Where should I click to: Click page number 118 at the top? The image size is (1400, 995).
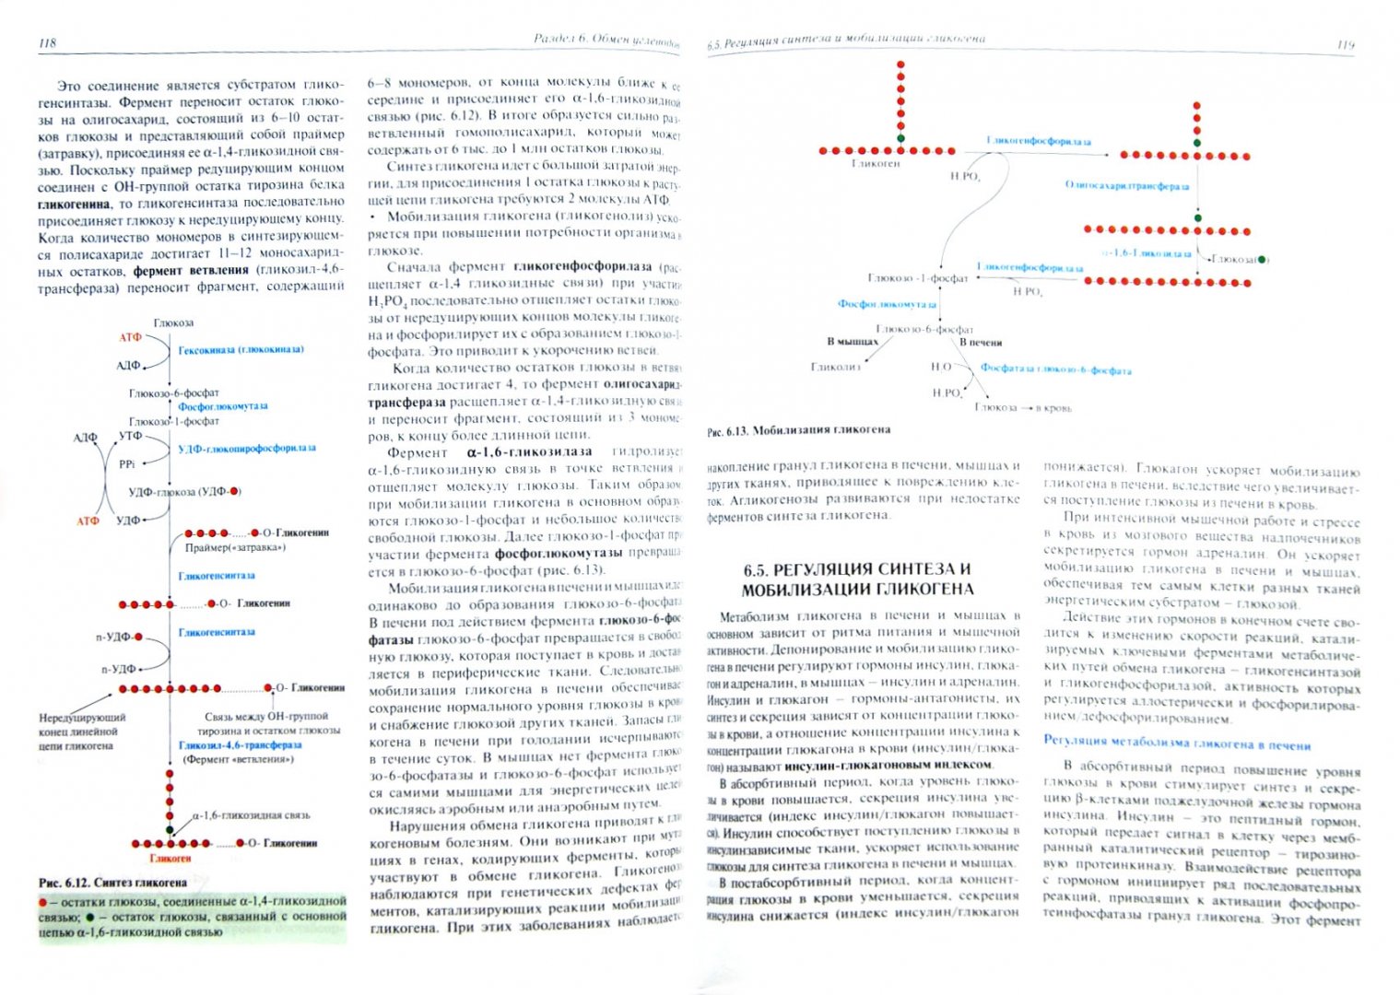(48, 43)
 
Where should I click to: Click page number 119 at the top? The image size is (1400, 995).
(1345, 44)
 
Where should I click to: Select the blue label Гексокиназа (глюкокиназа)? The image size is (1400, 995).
(241, 350)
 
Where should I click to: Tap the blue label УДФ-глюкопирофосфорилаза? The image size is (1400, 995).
(246, 449)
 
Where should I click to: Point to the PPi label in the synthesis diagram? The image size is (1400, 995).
(127, 464)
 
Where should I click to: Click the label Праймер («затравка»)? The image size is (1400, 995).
(235, 548)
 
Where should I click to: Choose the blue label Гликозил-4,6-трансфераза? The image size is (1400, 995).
(240, 745)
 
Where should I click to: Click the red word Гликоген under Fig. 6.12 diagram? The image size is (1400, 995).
(170, 859)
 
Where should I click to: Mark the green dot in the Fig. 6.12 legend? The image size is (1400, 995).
(89, 918)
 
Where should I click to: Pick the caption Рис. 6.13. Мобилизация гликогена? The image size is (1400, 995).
(798, 430)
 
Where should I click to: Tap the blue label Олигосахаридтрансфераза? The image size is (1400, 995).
(1126, 186)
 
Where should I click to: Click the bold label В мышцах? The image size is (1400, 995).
(853, 342)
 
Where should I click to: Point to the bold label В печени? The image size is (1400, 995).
(981, 343)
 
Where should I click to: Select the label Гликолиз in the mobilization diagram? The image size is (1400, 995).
(835, 367)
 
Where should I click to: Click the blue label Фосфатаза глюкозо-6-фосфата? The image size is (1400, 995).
(1055, 370)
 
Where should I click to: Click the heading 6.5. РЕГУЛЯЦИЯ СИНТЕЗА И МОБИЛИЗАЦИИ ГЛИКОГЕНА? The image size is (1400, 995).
(857, 579)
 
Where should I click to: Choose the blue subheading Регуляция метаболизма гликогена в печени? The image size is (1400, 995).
(1176, 745)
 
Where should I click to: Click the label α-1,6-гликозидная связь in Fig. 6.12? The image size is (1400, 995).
(251, 815)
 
